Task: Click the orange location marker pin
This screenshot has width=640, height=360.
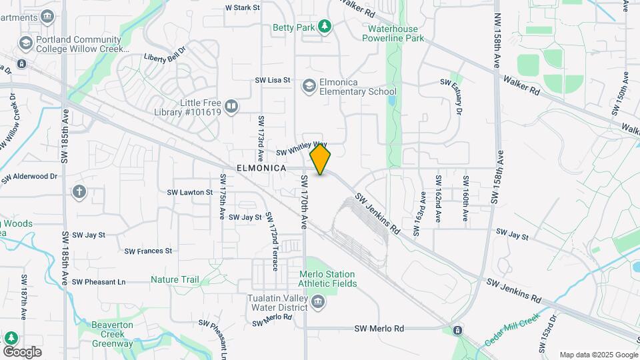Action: coord(321,159)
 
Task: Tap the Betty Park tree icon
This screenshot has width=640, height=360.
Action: coord(325,27)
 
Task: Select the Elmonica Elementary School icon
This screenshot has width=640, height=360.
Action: coord(309,86)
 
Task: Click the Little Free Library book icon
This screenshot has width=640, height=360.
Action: coord(231,107)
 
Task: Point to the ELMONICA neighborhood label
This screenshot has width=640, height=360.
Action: coord(261,169)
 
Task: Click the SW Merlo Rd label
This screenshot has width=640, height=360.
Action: coord(379,329)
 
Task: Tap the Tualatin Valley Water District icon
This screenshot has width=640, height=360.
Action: coord(318,301)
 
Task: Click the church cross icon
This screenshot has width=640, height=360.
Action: coord(79,193)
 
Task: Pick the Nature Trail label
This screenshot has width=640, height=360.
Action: coord(175,280)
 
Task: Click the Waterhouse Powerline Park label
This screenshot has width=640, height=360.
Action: coord(393,33)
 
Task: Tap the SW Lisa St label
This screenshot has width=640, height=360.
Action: coord(273,80)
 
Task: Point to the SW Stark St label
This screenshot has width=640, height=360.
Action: coord(242,8)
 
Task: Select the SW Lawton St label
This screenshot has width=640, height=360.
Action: coord(189,192)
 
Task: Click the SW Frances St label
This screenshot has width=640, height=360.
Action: coord(148,251)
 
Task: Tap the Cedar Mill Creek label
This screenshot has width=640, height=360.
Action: coord(511,329)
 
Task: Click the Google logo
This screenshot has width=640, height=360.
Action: coord(22,351)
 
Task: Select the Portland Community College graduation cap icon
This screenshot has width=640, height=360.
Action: coord(26,43)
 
